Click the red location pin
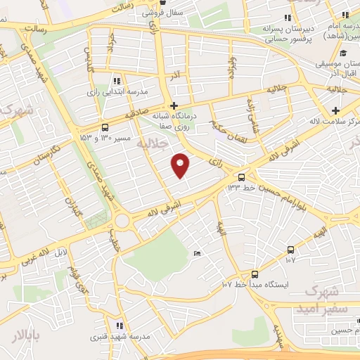click(x=181, y=165)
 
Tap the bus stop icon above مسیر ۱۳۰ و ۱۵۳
click(x=105, y=127)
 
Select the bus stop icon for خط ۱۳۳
click(x=242, y=176)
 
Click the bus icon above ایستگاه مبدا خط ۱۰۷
click(x=255, y=274)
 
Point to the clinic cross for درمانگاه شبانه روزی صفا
click(x=174, y=105)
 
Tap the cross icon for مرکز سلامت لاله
click(x=336, y=110)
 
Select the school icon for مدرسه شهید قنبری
click(x=119, y=326)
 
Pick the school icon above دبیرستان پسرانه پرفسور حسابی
click(x=286, y=18)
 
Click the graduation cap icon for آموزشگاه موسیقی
click(x=342, y=53)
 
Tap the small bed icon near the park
click(x=197, y=253)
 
